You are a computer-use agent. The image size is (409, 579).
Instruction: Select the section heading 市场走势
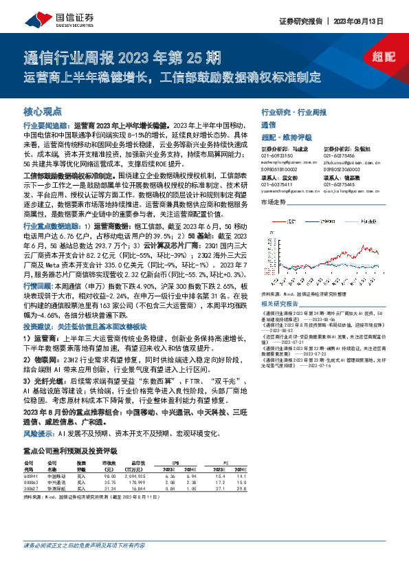click(273, 202)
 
